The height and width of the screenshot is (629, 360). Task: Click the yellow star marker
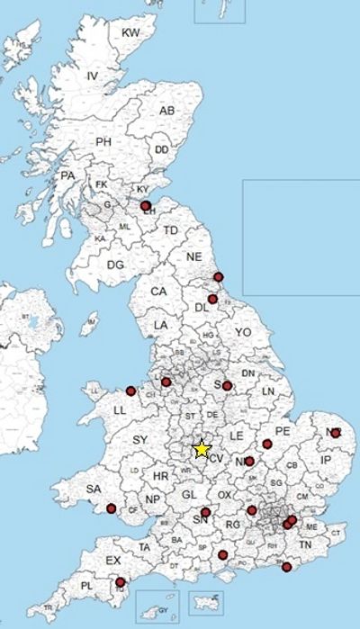coord(202,447)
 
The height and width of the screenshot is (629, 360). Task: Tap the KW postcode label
coord(131,33)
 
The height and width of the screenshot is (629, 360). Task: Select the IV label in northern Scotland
coord(92,76)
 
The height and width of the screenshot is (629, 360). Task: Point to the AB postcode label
coord(167,111)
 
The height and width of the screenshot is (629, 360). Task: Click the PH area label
coord(103,142)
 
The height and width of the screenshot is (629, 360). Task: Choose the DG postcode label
coord(115,265)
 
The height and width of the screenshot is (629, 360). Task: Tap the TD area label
coord(171,230)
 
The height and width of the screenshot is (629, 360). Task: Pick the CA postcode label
coord(159,292)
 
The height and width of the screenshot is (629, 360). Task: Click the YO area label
coord(242,332)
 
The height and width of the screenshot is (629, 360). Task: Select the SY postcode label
coord(139,439)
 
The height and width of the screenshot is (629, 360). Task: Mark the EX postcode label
coord(113,561)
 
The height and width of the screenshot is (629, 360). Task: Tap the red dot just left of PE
coord(267,442)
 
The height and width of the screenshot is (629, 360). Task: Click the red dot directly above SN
coord(206,513)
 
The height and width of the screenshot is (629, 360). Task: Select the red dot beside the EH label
coord(146,205)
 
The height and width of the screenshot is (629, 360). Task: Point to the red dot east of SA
coord(111,508)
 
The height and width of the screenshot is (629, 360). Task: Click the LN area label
coord(267,392)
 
